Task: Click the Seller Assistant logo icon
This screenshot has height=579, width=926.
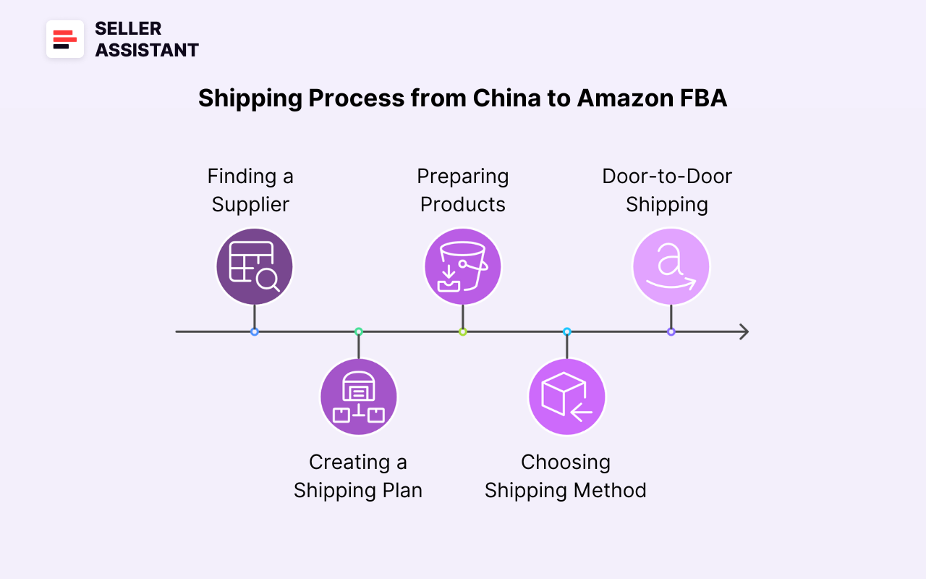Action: click(x=65, y=39)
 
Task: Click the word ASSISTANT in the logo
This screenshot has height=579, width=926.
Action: click(x=147, y=51)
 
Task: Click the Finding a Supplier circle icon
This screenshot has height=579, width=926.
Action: click(x=255, y=266)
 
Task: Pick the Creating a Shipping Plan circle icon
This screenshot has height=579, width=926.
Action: click(x=359, y=397)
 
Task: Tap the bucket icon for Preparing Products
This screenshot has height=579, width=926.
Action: click(x=462, y=266)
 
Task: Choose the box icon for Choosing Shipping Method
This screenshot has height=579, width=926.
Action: click(x=566, y=397)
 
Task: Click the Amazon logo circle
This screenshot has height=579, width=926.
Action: click(x=671, y=266)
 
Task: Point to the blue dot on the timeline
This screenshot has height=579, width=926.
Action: click(x=255, y=331)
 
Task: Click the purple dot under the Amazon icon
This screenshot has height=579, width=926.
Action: click(x=671, y=331)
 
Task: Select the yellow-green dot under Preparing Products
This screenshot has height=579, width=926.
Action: click(x=462, y=331)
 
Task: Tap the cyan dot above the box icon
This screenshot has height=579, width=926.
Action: click(x=566, y=331)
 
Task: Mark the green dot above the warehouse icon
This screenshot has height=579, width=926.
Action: click(x=359, y=331)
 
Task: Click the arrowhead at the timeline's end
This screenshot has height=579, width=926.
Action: click(x=743, y=331)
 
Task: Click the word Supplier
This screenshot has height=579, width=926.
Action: click(x=250, y=205)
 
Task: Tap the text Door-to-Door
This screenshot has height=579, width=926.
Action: click(x=667, y=177)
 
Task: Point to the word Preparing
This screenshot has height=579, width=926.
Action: click(x=462, y=177)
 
